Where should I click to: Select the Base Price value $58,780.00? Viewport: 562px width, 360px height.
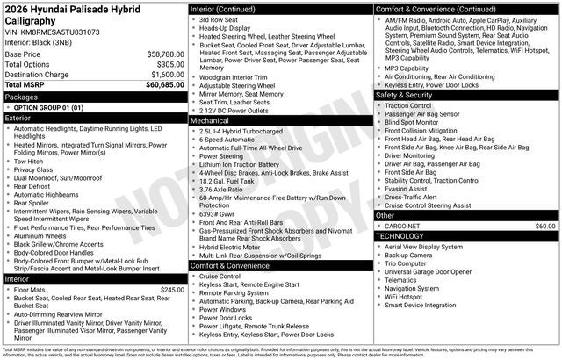161,54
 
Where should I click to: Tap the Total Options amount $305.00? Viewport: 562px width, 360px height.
167,64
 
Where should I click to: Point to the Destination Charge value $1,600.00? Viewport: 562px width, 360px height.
163,75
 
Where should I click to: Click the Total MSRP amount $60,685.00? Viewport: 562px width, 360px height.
161,85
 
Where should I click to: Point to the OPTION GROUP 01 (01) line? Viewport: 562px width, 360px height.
48,106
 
